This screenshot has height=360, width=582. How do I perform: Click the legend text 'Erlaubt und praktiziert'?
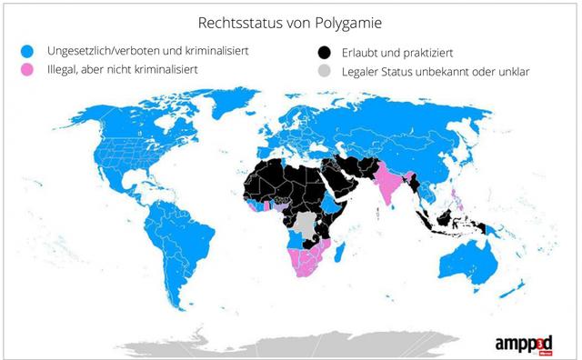point(396,51)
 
